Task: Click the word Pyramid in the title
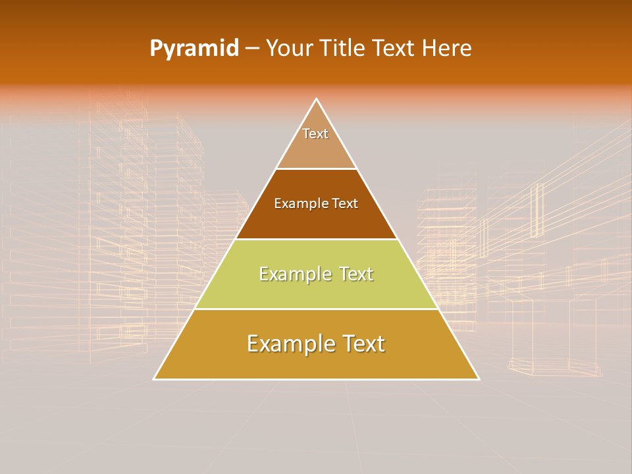coord(194,49)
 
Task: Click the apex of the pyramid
coord(317,100)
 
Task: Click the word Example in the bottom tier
coord(286,344)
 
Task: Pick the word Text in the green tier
coord(354,274)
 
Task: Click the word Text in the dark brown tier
coord(345,204)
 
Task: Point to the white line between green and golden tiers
coord(316,309)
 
